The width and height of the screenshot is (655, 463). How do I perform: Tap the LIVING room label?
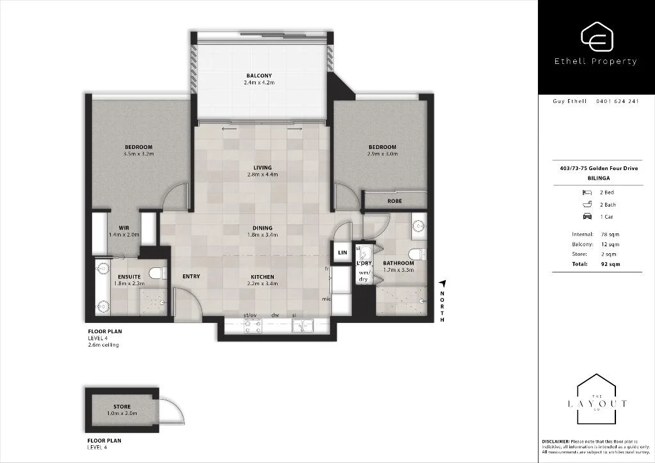coord(262,168)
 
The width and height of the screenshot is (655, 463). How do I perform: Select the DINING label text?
coord(262,228)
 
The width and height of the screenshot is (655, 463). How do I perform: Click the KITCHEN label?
coord(262,277)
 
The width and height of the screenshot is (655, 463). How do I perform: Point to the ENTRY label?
coord(191,277)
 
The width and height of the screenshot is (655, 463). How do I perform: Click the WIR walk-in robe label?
coord(124,228)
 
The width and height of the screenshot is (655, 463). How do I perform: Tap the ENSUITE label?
coord(129,276)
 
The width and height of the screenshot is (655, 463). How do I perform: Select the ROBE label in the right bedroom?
coord(394,201)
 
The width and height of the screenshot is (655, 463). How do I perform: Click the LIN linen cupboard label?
coord(342,253)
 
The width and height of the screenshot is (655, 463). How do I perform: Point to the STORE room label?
coord(122,407)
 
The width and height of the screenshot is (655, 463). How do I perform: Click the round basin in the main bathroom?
coord(419,225)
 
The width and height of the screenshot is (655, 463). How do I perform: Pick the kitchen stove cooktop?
coord(251,326)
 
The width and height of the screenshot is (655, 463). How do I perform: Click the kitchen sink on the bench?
coord(302,326)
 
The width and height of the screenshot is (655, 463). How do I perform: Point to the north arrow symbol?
coord(441,283)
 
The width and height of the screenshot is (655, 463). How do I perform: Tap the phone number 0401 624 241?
coord(617,101)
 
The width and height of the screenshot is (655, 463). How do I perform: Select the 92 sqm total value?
coord(610,263)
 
